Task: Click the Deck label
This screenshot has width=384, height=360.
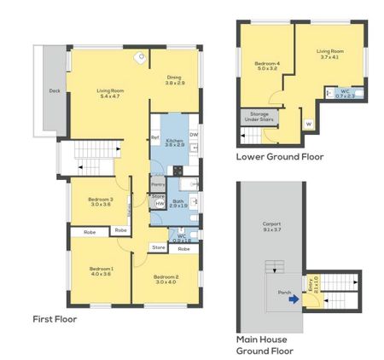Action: [54, 90]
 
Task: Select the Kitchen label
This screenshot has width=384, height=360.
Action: [174, 142]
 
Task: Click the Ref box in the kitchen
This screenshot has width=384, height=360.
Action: [155, 137]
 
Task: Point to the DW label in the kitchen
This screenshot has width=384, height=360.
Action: [195, 134]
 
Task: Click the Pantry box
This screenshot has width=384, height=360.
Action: [158, 183]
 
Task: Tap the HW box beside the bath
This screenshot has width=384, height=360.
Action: [159, 203]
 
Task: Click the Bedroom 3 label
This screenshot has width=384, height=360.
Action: [101, 202]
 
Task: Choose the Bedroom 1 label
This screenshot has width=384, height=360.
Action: [101, 271]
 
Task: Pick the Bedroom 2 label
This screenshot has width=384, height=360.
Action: [166, 279]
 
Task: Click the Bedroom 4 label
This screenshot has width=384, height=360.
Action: [266, 66]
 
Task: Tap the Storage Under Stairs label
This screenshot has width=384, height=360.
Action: [259, 117]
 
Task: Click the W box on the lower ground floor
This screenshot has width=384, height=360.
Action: [308, 124]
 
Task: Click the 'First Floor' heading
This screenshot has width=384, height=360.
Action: [54, 319]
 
